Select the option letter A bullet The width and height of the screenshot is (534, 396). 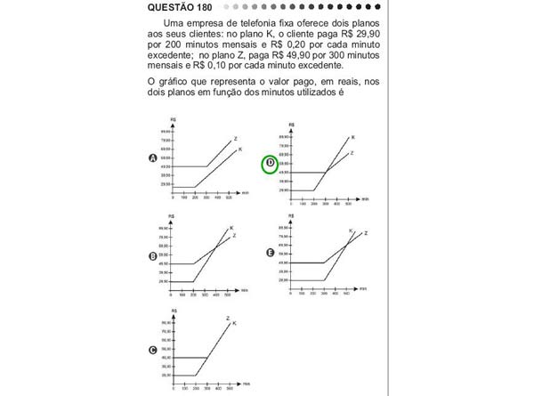click(153, 158)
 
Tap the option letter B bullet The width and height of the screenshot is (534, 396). click(153, 256)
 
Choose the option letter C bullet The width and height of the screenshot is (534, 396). click(153, 351)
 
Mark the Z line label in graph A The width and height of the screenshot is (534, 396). click(235, 138)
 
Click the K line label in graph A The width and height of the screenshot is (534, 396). click(240, 150)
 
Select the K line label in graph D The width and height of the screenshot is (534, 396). click(352, 137)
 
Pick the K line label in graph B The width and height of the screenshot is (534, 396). click(232, 229)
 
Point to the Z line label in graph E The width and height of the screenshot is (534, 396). click(366, 233)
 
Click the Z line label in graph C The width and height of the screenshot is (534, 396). click(228, 319)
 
